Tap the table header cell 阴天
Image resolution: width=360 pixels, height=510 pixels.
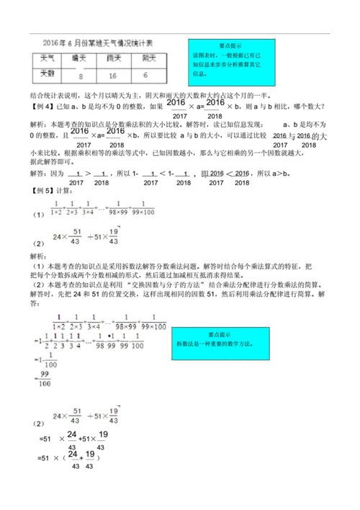[x=148, y=57]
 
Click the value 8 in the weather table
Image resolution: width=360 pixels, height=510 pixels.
[x=83, y=75]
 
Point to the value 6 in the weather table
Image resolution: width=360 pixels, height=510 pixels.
[x=146, y=75]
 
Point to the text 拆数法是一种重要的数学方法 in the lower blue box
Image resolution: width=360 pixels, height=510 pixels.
[x=229, y=345]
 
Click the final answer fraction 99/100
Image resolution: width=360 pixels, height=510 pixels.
[x=45, y=379]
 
